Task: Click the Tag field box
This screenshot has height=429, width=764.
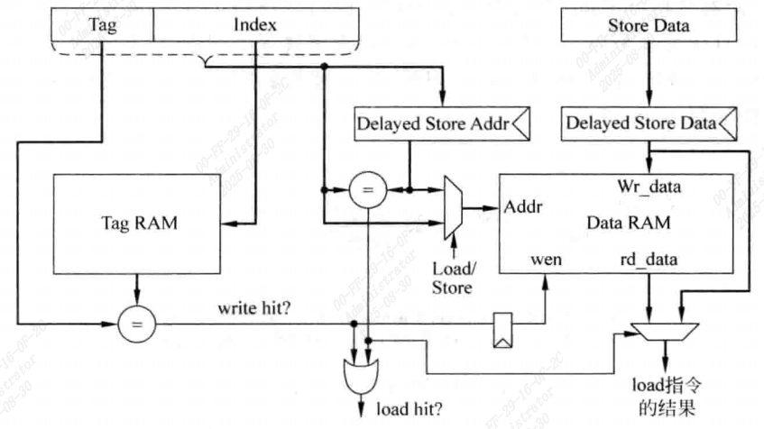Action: coord(102,25)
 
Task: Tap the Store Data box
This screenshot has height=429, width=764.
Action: coord(648,25)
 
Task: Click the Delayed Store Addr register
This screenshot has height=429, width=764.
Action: coord(440,123)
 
